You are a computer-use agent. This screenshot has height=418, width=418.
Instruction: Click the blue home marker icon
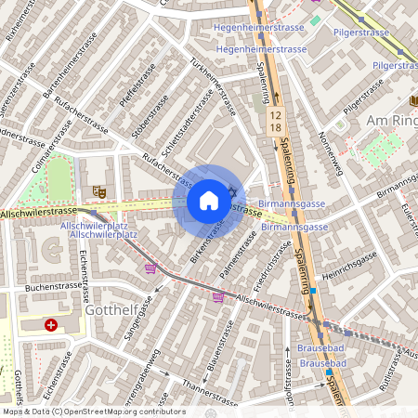pyautogui.click(x=209, y=201)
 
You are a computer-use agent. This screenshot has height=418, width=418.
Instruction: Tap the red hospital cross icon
pyautogui.click(x=51, y=325)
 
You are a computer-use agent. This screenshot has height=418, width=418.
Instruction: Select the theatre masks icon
pyautogui.click(x=99, y=192)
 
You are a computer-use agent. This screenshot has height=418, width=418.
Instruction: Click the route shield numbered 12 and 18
pyautogui.click(x=275, y=119)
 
